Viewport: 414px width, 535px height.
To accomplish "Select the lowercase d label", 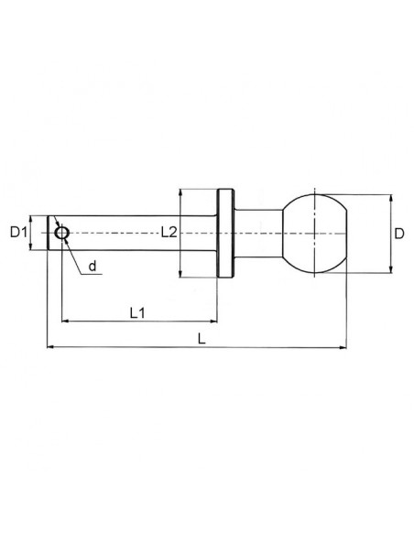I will pyautogui.click(x=93, y=268).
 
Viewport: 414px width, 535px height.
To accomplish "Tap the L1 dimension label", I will pyautogui.click(x=137, y=312).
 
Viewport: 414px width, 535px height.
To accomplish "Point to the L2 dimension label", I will pyautogui.click(x=169, y=233).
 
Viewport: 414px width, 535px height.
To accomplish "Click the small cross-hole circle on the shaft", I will pyautogui.click(x=61, y=233).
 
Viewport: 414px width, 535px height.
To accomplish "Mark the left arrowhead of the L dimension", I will pyautogui.click(x=49, y=347).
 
